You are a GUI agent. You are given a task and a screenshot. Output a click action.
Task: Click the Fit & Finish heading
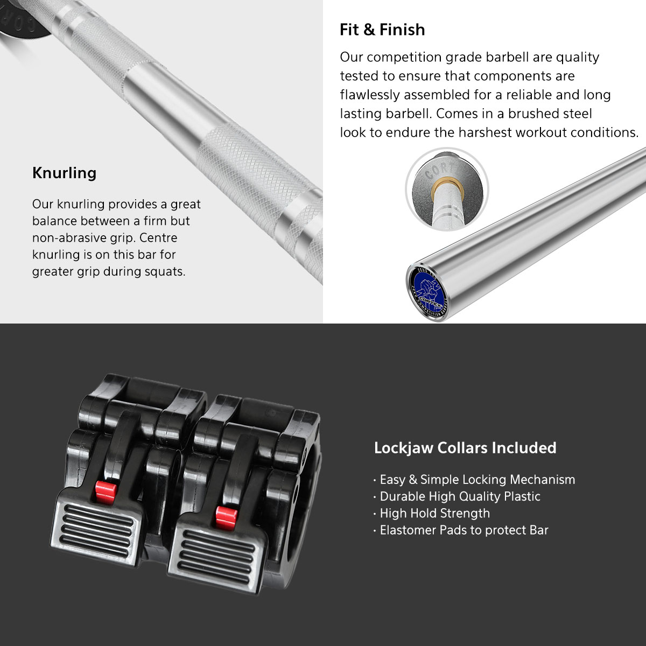click(382, 30)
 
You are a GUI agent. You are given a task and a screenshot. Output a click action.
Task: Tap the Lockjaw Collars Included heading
click(465, 448)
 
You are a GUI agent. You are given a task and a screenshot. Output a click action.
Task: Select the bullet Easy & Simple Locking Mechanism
click(474, 480)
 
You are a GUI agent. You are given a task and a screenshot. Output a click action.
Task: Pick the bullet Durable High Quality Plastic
click(457, 496)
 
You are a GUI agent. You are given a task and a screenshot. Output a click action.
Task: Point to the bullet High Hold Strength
click(432, 513)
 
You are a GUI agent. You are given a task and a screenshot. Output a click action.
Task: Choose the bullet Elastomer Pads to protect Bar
click(461, 530)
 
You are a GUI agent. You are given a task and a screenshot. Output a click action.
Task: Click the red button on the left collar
click(106, 493)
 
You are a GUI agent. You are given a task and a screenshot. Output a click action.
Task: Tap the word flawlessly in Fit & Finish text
click(370, 95)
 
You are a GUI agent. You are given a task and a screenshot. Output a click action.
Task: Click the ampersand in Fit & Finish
click(369, 30)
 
